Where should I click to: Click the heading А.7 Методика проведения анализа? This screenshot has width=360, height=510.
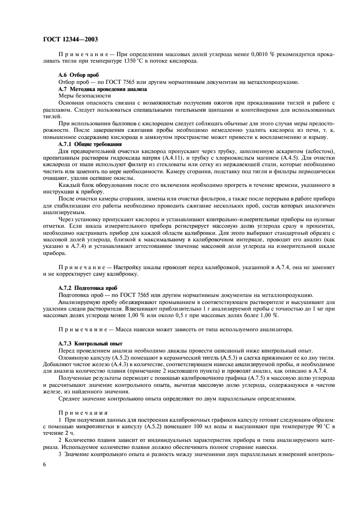click(x=102, y=88)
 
